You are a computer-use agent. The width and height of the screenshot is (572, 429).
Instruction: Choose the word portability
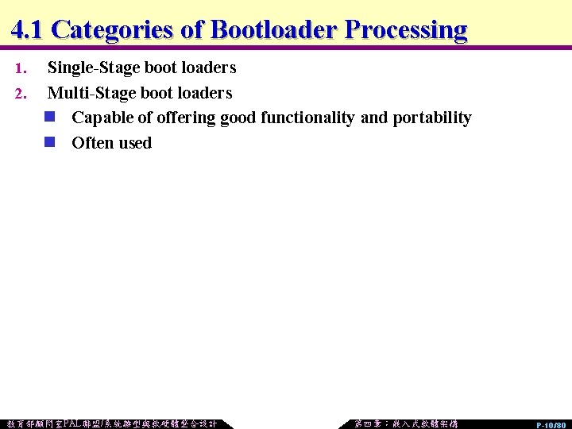(x=432, y=118)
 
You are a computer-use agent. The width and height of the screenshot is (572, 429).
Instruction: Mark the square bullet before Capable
(x=50, y=118)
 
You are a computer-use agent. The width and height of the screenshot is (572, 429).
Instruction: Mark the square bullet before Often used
(x=50, y=142)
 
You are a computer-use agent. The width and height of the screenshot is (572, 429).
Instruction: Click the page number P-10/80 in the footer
(x=551, y=425)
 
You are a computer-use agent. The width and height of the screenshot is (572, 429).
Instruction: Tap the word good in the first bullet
(x=238, y=118)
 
